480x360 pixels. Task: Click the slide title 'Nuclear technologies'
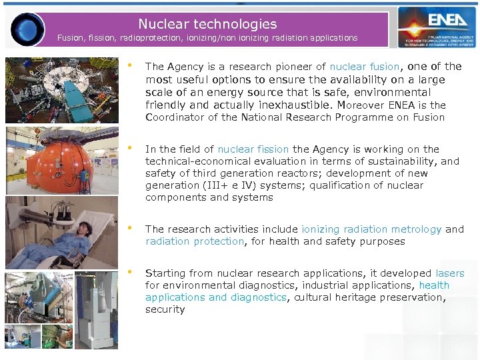coord(207,24)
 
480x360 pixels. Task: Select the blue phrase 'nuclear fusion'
coord(365,67)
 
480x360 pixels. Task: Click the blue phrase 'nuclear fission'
coord(253,149)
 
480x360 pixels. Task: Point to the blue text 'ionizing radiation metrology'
coord(371,229)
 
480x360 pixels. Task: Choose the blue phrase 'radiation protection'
coord(195,241)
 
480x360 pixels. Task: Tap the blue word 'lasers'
coord(450,273)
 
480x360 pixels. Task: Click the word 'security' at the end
coord(165,309)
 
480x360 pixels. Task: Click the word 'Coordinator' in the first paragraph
coord(175,117)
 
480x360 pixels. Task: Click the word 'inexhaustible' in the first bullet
coord(299,105)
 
